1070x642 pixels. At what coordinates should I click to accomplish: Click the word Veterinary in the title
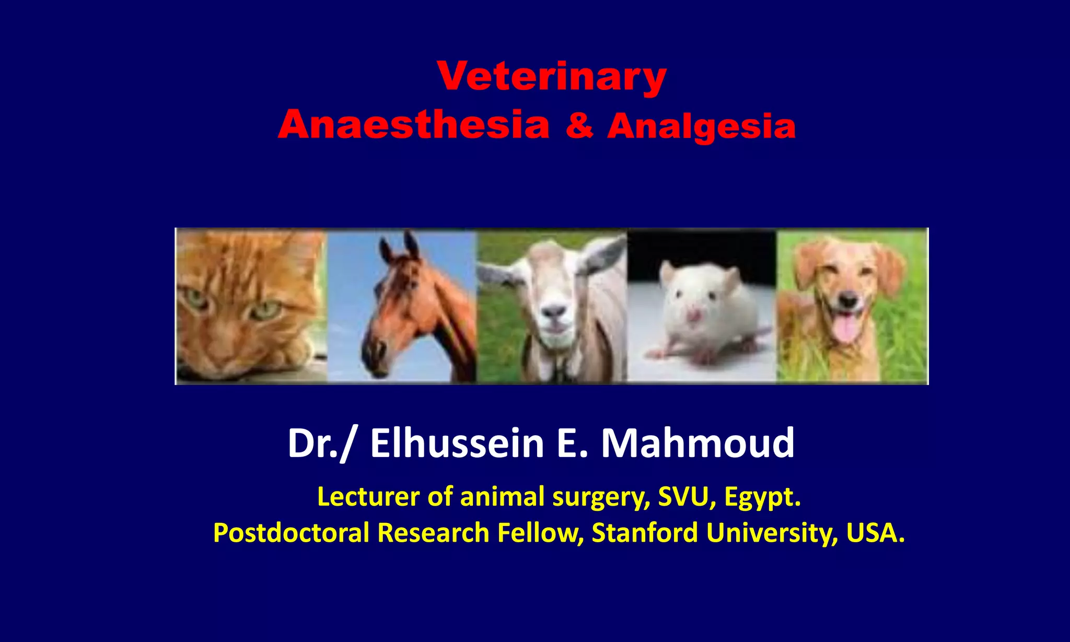point(552,77)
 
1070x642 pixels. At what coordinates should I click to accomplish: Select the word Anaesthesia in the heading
point(413,125)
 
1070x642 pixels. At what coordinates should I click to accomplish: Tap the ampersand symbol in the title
point(579,126)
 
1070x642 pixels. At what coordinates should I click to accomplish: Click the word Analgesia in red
point(701,127)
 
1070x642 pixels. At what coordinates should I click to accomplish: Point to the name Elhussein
point(457,443)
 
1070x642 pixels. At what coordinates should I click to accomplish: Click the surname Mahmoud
point(697,443)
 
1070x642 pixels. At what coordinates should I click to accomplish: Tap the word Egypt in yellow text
point(762,497)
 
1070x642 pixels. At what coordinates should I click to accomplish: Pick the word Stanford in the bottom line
point(645,533)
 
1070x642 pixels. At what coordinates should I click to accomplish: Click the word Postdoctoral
point(291,533)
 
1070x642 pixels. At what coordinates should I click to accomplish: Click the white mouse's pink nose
point(694,315)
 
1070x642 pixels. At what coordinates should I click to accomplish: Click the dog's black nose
point(848,300)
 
